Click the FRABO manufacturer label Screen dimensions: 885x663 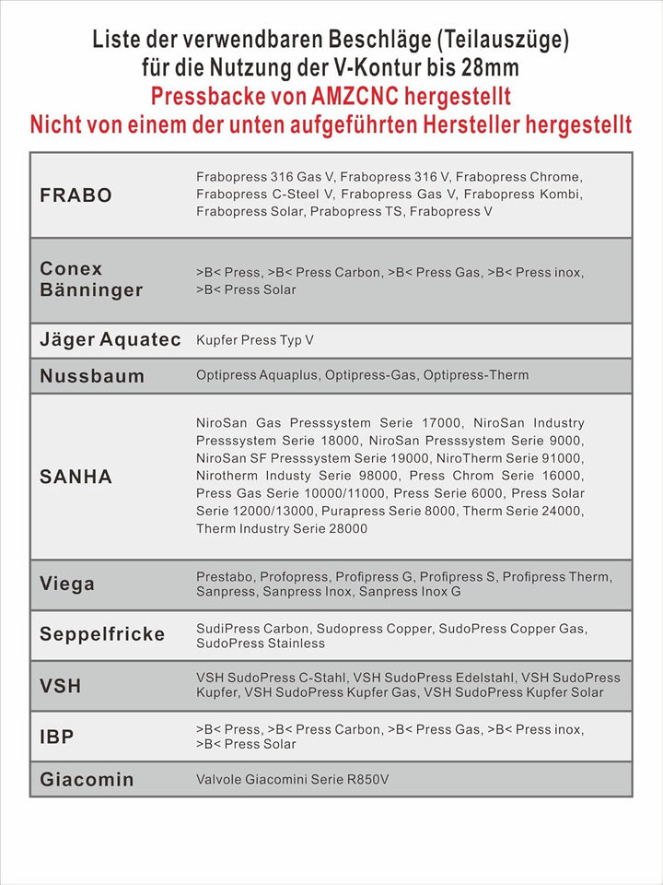[x=76, y=195]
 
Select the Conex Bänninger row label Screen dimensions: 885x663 [x=91, y=279]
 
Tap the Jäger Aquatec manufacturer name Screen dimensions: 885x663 [x=110, y=339]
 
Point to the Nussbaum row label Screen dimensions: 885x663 [x=92, y=376]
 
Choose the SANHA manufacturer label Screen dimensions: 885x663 [x=76, y=477]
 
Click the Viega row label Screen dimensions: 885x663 [x=67, y=584]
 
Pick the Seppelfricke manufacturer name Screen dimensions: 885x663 [x=102, y=634]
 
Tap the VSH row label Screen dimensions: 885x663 [x=61, y=686]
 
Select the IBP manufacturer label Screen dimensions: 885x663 [x=57, y=737]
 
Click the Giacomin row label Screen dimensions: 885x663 [x=87, y=779]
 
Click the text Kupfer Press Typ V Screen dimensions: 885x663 [x=255, y=340]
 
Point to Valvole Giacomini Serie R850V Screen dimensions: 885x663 [x=293, y=780]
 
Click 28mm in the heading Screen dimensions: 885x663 [x=492, y=67]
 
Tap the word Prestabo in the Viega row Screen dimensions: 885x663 [x=225, y=576]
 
